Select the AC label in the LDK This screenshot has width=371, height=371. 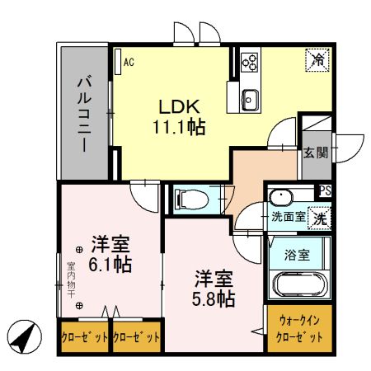[129, 61]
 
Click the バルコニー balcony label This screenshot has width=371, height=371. [84, 113]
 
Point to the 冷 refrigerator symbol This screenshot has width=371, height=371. [316, 60]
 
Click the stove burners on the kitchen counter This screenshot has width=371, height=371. [250, 60]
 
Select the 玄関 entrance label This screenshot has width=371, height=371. [314, 153]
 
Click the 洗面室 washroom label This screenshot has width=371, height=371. [289, 218]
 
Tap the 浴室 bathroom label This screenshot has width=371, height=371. [298, 255]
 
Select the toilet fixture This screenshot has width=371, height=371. [187, 199]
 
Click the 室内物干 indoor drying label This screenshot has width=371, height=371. [71, 280]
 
